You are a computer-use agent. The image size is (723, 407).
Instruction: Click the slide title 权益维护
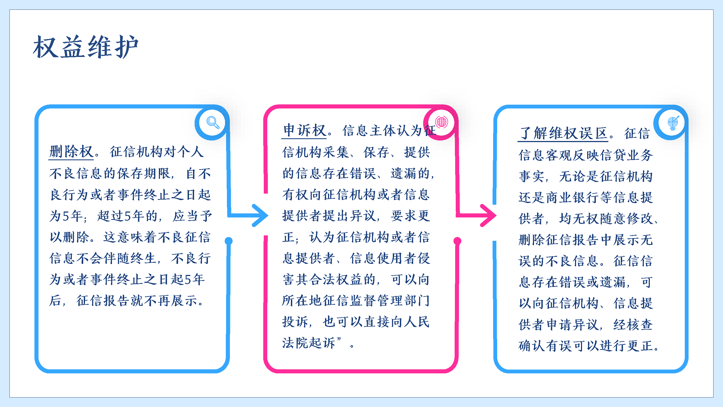pyautogui.click(x=86, y=47)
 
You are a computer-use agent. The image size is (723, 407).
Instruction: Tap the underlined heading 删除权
pyautogui.click(x=71, y=152)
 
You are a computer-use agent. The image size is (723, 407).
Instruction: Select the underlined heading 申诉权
pyautogui.click(x=304, y=130)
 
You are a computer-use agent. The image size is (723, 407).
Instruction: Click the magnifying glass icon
pyautogui.click(x=213, y=122)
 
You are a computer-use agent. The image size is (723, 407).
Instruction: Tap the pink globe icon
pyautogui.click(x=442, y=122)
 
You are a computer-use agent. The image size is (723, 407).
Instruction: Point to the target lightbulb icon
pyautogui.click(x=673, y=122)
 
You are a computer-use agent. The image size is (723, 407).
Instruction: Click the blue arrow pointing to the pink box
pyautogui.click(x=248, y=216)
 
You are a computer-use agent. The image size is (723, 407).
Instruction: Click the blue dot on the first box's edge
pyautogui.click(x=229, y=241)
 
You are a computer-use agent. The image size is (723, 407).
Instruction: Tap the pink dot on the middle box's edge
pyautogui.click(x=458, y=241)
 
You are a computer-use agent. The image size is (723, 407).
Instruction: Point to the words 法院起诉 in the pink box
pyautogui.click(x=309, y=343)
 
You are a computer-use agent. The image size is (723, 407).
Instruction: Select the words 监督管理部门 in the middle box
pyautogui.click(x=390, y=300)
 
